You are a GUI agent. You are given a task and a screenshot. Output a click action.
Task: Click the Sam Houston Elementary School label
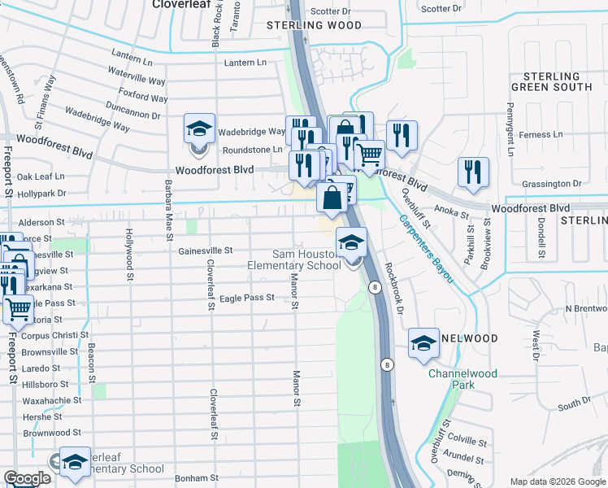pos(294,259)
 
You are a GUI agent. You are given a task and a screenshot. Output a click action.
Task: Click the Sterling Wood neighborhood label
pos(314,25)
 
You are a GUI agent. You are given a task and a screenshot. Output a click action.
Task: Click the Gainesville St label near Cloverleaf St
pos(206,251)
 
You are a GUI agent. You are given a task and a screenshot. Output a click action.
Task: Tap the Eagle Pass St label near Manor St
pos(247,298)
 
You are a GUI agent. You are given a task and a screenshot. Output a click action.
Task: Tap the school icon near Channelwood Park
pos(423,345)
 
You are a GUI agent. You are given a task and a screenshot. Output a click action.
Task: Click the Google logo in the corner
pos(26,478)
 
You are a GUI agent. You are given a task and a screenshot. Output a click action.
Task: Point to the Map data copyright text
pos(558,481)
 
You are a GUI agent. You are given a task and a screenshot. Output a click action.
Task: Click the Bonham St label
pos(198,478)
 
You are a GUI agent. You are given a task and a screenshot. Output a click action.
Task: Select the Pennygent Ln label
pos(510,129)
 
